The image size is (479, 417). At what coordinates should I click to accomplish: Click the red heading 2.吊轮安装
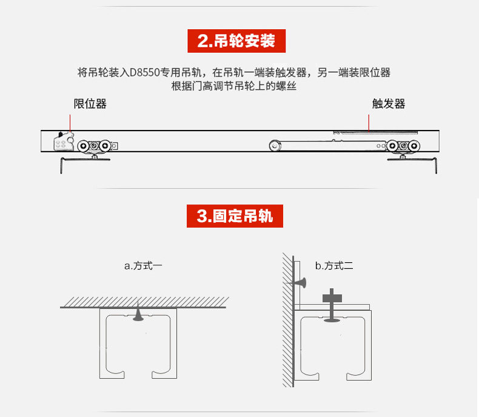[236, 41]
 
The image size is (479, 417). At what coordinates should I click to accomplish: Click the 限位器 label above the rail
[90, 104]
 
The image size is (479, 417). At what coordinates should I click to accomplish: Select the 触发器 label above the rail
[389, 104]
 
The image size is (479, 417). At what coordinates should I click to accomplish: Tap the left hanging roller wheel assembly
[97, 146]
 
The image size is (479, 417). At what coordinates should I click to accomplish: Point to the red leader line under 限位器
[70, 122]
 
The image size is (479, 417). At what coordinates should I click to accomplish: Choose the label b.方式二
[333, 265]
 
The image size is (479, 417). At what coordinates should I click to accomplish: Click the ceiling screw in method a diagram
[139, 313]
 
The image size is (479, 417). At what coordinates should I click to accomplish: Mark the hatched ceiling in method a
[144, 301]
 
